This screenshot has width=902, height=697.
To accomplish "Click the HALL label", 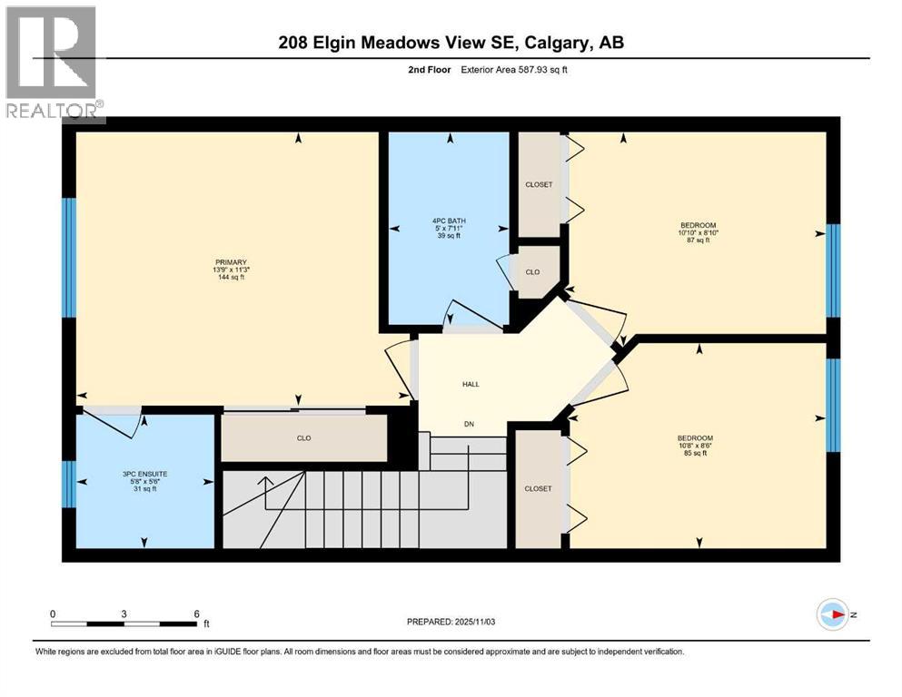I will tap(471, 384).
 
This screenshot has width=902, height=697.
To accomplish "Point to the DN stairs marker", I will tap(470, 424).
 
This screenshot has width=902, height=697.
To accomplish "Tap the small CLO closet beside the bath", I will tap(538, 270).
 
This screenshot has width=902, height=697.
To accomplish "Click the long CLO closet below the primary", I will tap(303, 438).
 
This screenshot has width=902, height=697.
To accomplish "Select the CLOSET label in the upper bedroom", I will tap(539, 184).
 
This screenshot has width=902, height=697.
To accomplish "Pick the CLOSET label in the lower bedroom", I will tap(538, 488).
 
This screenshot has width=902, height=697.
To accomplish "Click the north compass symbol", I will tap(832, 614).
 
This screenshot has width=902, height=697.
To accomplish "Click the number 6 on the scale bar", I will tap(195, 613).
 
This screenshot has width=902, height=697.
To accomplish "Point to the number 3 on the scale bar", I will tap(124, 613).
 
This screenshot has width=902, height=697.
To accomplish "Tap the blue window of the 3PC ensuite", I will tap(67, 484).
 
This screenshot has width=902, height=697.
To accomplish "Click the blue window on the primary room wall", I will tap(68, 257).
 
